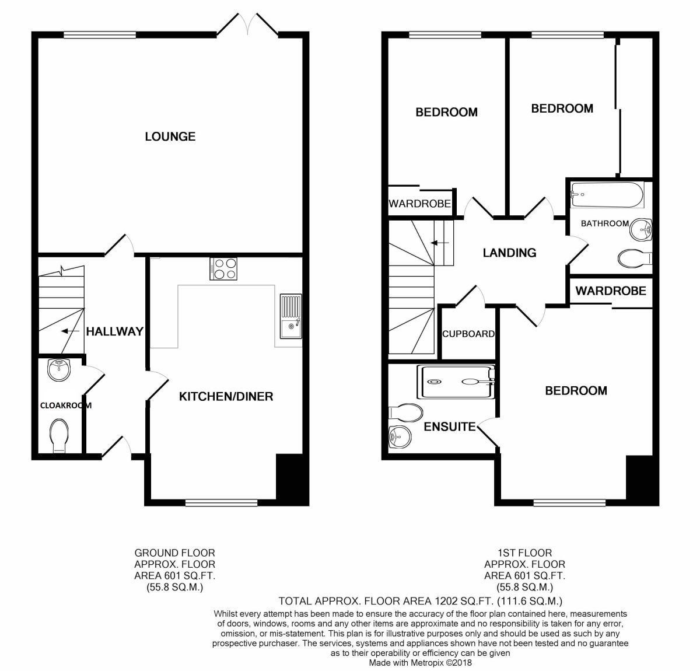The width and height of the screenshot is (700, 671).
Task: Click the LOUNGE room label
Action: coord(170,137)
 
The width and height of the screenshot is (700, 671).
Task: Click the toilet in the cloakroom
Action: coord(59,435)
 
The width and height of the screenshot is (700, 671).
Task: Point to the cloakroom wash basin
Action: coord(58,368)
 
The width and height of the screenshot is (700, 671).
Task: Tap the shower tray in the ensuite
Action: coord(456,382)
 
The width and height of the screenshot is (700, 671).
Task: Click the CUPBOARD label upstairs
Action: coord(468,334)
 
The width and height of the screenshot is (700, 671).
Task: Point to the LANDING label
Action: coord(509,253)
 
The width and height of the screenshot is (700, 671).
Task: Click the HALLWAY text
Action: coord(114,331)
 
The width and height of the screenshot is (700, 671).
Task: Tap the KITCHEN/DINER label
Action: coord(226,396)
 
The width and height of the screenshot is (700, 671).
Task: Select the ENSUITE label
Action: coord(449,427)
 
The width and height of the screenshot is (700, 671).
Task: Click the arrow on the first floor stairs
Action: coord(439,243)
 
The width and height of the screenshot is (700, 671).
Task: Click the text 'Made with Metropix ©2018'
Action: coord(420,663)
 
